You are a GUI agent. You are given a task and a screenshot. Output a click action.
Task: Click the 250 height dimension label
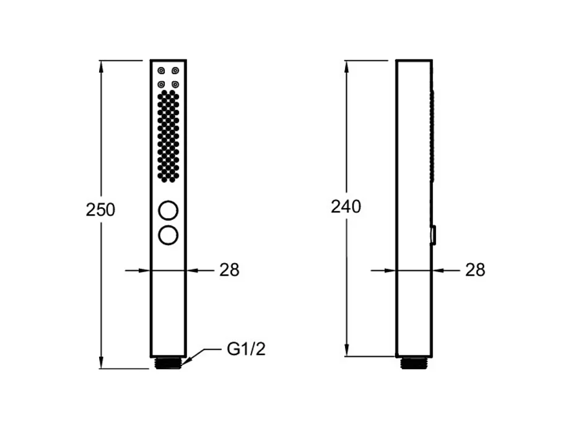click(x=100, y=210)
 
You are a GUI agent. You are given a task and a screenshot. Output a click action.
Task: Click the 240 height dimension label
click(x=346, y=206)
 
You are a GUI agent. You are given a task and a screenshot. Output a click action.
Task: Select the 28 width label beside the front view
click(x=229, y=270)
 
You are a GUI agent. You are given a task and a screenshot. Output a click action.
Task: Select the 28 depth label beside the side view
click(x=475, y=270)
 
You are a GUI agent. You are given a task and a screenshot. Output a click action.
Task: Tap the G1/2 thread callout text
click(x=246, y=349)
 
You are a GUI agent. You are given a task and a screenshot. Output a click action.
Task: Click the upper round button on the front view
click(x=168, y=211)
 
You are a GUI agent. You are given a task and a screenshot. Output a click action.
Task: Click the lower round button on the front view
click(x=168, y=235)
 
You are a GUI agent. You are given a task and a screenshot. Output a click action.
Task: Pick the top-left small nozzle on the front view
click(x=161, y=71)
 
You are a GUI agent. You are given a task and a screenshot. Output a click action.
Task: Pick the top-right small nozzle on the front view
click(x=175, y=71)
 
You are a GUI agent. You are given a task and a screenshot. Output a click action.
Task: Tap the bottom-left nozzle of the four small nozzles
click(x=161, y=84)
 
